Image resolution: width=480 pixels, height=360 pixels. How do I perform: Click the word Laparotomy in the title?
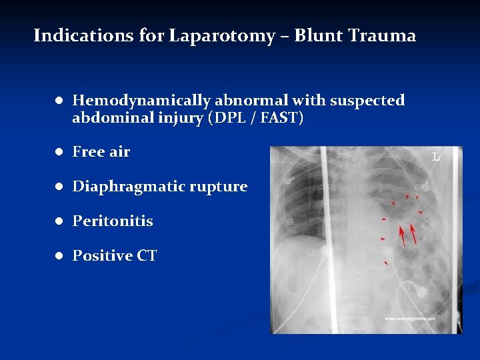click(x=221, y=36)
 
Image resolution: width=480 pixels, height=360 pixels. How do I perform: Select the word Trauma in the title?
click(x=385, y=35)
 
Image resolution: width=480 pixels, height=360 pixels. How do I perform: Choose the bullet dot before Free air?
click(x=59, y=152)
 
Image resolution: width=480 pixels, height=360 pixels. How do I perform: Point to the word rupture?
click(x=222, y=187)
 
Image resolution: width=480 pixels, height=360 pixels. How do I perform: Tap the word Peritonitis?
click(x=113, y=221)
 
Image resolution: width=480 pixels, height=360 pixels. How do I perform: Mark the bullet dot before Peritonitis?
click(x=59, y=221)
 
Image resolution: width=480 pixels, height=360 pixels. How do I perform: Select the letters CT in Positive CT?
click(x=147, y=255)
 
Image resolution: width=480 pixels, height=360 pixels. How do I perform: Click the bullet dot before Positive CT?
click(x=59, y=255)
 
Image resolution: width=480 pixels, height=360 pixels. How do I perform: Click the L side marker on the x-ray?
click(x=435, y=157)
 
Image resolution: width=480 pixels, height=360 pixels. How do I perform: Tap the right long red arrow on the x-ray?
click(x=413, y=233)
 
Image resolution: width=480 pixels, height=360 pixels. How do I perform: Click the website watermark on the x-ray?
click(x=409, y=319)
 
